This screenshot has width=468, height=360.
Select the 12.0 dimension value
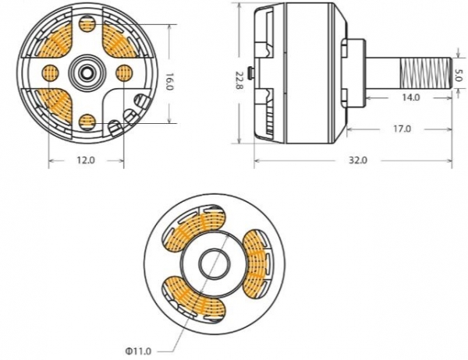[x=85, y=161]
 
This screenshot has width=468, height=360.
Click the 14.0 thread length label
[x=410, y=97]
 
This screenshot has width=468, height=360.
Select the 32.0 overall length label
[x=358, y=160]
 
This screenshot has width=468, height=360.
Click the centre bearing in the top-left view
[x=86, y=73]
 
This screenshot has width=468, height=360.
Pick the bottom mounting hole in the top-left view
[x=87, y=119]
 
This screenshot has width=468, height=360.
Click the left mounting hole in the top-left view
[x=50, y=73]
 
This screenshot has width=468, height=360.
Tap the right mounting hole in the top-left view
[x=122, y=73]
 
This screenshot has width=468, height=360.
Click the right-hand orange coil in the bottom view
[x=255, y=264]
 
